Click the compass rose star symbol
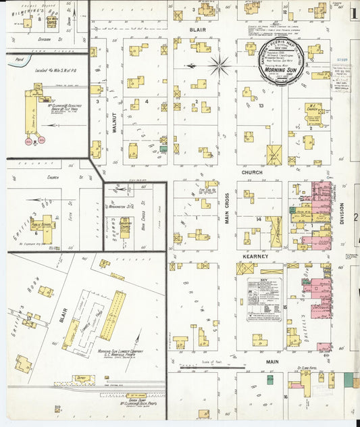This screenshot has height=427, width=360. click(220, 66)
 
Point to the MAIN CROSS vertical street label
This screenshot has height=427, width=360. click(228, 209)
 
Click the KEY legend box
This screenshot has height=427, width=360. click(264, 298)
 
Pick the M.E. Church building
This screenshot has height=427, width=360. click(311, 109)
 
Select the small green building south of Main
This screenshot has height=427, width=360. click(269, 380)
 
